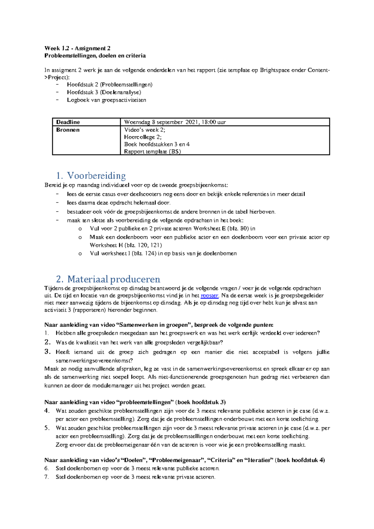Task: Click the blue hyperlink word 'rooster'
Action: click(x=209, y=296)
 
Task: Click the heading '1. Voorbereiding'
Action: click(x=91, y=175)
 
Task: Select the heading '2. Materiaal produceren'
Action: click(x=108, y=279)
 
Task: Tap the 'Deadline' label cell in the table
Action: click(x=68, y=122)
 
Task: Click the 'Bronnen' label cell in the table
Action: click(x=68, y=130)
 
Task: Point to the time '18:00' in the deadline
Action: click(x=209, y=122)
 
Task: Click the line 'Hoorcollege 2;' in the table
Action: click(x=143, y=137)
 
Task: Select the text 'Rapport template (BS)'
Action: click(x=152, y=152)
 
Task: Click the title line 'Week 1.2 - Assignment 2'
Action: click(x=77, y=48)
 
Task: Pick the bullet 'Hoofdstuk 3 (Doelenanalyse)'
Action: click(x=104, y=92)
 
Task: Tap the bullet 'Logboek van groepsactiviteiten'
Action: click(x=106, y=100)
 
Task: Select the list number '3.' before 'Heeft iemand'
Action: click(x=47, y=352)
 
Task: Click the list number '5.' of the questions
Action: click(x=47, y=428)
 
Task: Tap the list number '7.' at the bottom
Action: click(x=47, y=477)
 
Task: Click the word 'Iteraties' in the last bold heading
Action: click(x=259, y=460)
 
